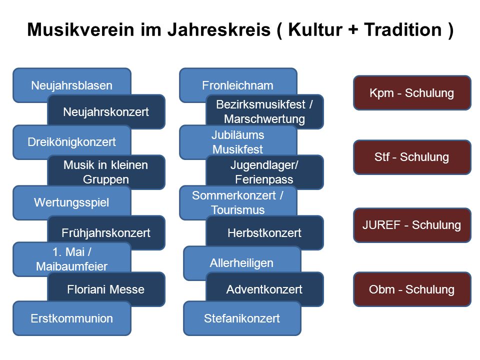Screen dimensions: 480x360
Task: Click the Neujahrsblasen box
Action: pos(72,85)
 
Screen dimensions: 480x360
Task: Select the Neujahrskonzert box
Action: pos(106,111)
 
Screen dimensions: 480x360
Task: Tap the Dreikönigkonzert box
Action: pos(72,142)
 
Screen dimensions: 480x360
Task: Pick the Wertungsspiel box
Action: pos(72,202)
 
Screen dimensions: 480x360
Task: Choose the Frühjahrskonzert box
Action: pos(106,232)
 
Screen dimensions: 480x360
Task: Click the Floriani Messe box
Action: pos(106,289)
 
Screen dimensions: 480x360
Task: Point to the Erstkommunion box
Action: pos(72,318)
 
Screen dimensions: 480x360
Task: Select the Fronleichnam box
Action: pos(238,85)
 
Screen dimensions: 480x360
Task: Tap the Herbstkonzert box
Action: pos(265,232)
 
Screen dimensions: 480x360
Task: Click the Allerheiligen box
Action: pos(242,263)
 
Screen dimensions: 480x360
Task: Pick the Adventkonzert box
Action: pos(265,289)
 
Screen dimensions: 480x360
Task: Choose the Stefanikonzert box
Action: pos(242,318)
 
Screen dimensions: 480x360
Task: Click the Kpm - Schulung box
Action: pos(412,93)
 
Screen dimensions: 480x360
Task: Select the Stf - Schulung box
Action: pos(412,157)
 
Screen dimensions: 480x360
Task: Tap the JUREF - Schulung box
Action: pos(412,225)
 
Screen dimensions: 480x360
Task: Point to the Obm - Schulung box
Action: pos(412,289)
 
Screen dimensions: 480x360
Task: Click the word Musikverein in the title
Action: pos(81,29)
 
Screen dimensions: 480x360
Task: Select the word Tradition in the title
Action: pos(403,29)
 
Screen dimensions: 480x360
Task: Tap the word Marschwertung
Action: pos(264,119)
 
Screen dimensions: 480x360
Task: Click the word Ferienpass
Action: pos(264,179)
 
